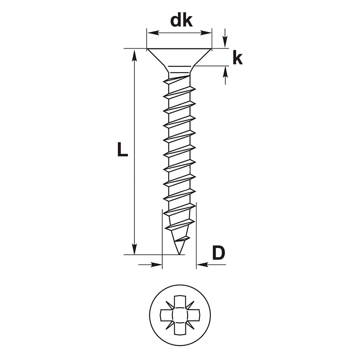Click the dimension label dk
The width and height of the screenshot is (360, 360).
pyautogui.click(x=181, y=21)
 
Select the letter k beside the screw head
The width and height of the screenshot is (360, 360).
pyautogui.click(x=237, y=59)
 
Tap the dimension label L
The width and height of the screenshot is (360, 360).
pyautogui.click(x=122, y=149)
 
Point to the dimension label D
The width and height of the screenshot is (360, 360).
pyautogui.click(x=219, y=253)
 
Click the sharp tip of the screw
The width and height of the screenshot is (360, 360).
pyautogui.click(x=179, y=254)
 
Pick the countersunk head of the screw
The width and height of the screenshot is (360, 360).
pyautogui.click(x=179, y=57)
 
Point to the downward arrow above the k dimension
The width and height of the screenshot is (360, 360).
pyautogui.click(x=225, y=39)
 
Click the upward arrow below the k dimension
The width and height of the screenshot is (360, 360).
pyautogui.click(x=225, y=75)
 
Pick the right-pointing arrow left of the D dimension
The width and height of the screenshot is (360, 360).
pyautogui.click(x=150, y=265)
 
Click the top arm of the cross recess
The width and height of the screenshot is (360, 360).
pyautogui.click(x=180, y=301)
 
